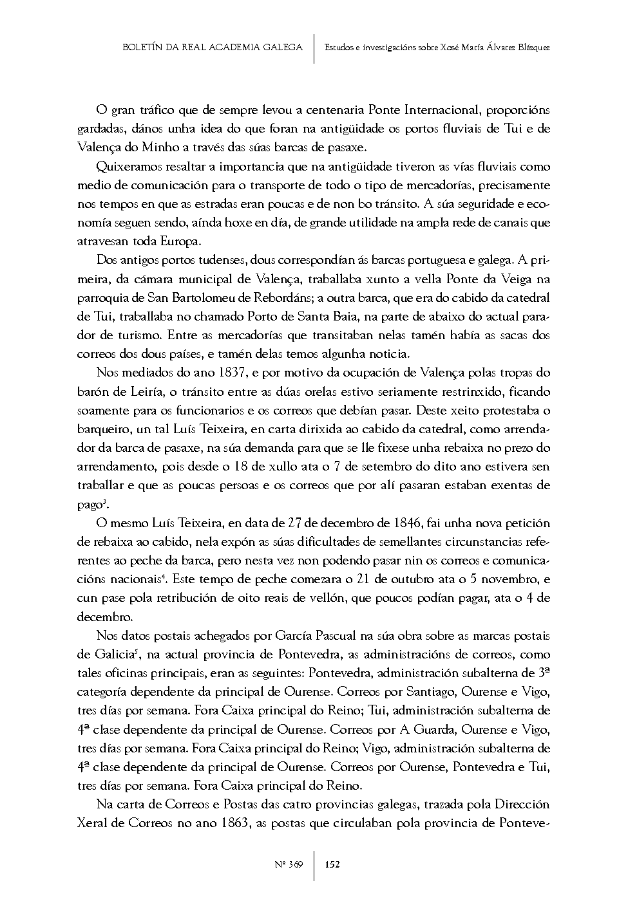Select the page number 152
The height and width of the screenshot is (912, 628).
332,864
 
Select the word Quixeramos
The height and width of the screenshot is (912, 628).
126,167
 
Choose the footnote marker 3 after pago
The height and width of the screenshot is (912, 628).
104,501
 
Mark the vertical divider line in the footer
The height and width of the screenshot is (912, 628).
314,864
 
